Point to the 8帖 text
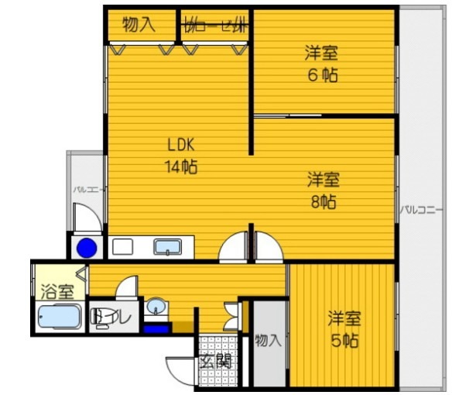point(323,203)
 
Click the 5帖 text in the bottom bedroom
point(343,341)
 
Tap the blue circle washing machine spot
point(87,248)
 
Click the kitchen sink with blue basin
point(167,247)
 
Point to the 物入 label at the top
point(139,25)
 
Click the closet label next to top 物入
point(214,25)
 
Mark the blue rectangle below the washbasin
point(158,328)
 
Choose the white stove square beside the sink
point(122,247)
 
